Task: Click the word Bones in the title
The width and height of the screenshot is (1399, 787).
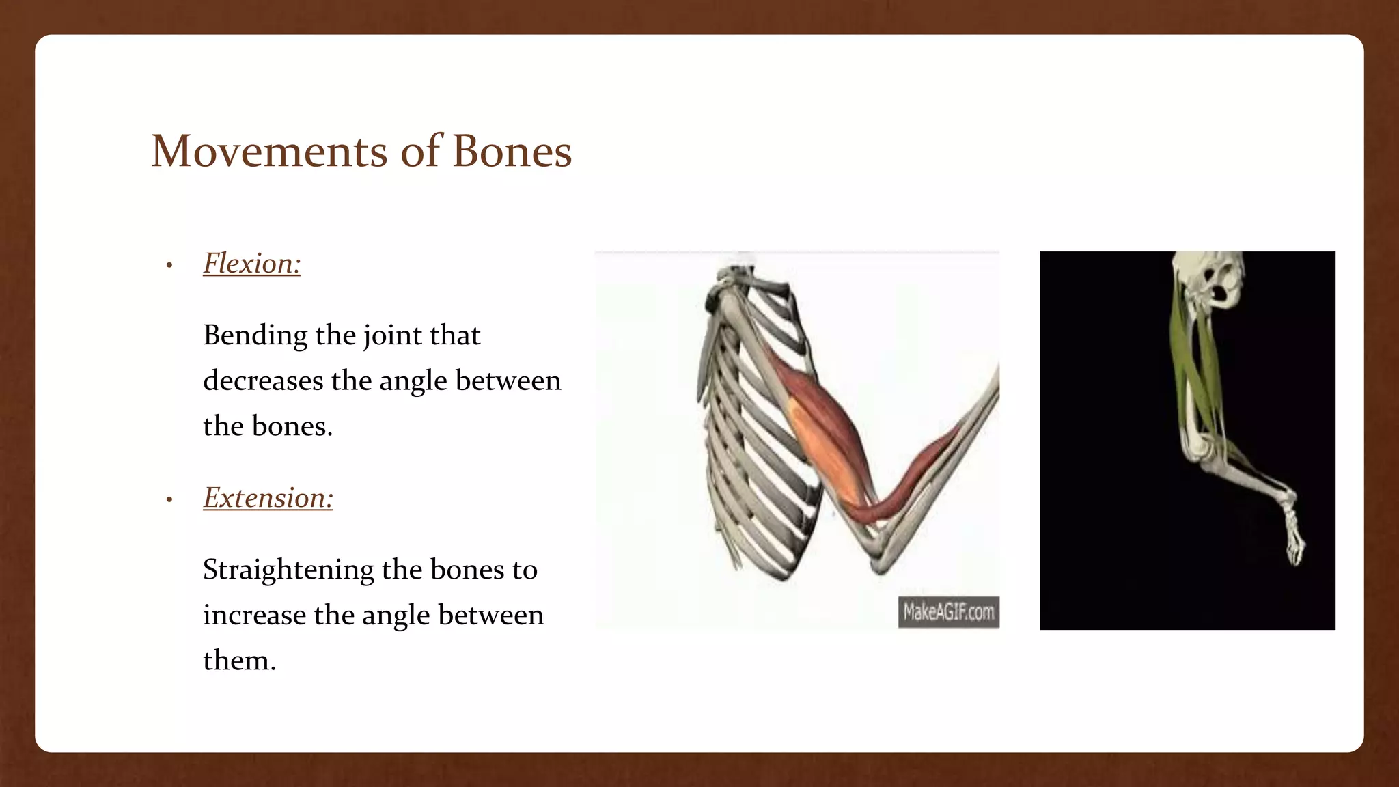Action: tap(512, 151)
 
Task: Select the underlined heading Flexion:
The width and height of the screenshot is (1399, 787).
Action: tap(251, 264)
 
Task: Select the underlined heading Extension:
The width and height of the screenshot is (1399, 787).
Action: tap(268, 498)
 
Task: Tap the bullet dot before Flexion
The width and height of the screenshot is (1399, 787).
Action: tap(169, 266)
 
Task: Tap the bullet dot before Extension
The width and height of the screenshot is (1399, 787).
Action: tap(169, 500)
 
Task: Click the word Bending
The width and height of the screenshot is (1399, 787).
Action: tap(255, 336)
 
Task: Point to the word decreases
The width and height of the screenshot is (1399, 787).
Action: tap(264, 381)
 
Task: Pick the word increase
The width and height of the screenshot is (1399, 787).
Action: tap(254, 616)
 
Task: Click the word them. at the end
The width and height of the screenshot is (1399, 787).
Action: tap(239, 661)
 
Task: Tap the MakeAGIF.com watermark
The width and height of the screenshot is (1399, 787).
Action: tap(948, 611)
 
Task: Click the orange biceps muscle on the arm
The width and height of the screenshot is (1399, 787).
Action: tap(823, 451)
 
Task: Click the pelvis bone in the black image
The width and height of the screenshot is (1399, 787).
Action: tap(1213, 280)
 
